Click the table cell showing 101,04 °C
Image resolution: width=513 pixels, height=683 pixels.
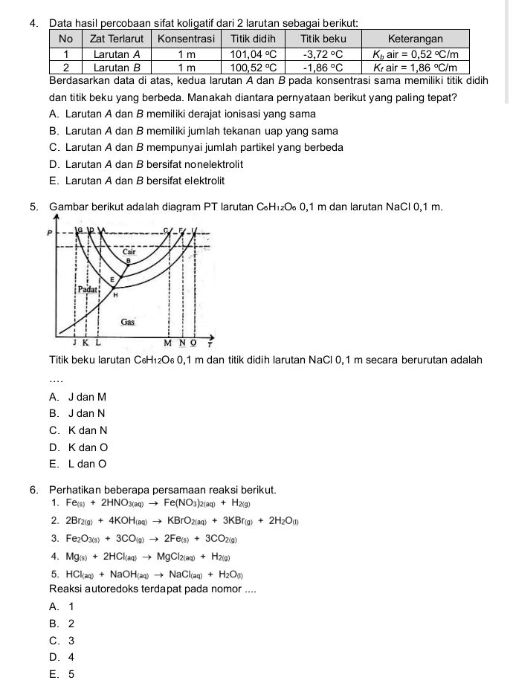[253, 54]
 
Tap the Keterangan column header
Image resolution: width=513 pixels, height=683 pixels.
[416, 39]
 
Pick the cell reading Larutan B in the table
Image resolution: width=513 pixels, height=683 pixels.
[116, 67]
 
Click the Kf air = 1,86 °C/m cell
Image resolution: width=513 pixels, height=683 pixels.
[416, 67]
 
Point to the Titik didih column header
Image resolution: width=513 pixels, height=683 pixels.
[253, 39]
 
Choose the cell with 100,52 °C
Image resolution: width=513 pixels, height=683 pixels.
[253, 67]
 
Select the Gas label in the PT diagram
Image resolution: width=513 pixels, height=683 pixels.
[128, 322]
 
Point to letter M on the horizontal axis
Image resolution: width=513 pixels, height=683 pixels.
[168, 343]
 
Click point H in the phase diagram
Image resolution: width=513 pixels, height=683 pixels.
[115, 295]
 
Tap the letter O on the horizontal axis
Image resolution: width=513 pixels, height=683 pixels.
[194, 343]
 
